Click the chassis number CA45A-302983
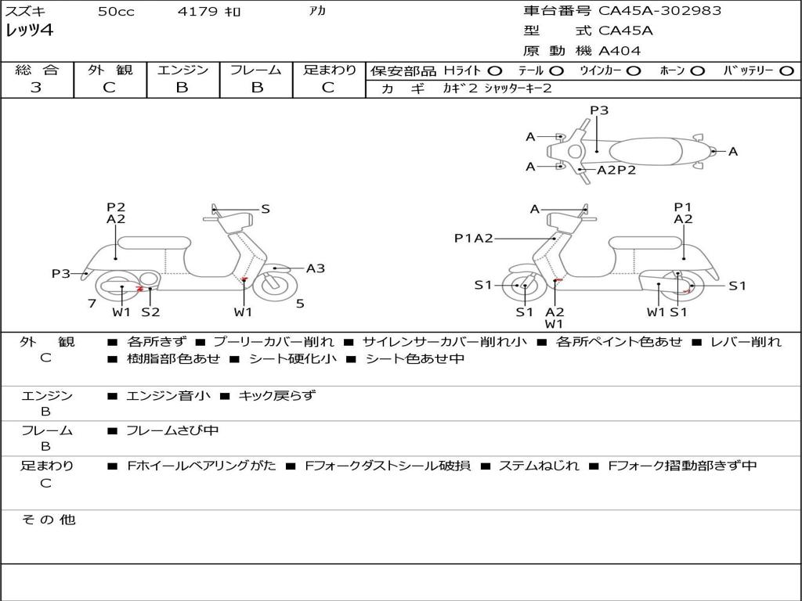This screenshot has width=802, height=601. pyautogui.click(x=659, y=11)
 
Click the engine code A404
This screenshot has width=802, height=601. pyautogui.click(x=620, y=51)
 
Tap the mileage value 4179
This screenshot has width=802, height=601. pyautogui.click(x=197, y=11)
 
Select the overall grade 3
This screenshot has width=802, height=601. pyautogui.click(x=36, y=88)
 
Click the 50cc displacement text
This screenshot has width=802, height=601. pyautogui.click(x=116, y=11)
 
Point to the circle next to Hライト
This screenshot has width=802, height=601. pyautogui.click(x=495, y=71)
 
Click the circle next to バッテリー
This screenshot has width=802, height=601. pyautogui.click(x=786, y=71)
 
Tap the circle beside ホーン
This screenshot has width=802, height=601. pyautogui.click(x=698, y=71)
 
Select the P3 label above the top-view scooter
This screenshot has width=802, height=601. pyautogui.click(x=599, y=110)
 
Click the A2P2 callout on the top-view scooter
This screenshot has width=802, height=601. pyautogui.click(x=616, y=170)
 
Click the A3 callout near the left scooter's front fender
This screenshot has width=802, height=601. pyautogui.click(x=316, y=268)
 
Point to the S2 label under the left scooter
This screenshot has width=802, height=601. pyautogui.click(x=151, y=311)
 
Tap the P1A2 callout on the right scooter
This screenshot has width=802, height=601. pyautogui.click(x=474, y=238)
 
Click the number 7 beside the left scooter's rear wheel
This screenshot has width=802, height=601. pyautogui.click(x=92, y=304)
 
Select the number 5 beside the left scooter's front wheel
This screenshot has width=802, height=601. pyautogui.click(x=300, y=304)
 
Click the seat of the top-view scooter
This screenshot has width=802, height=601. pyautogui.click(x=646, y=152)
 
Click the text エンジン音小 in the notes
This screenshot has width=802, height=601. pyautogui.click(x=168, y=395)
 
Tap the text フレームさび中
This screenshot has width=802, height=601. pyautogui.click(x=172, y=431)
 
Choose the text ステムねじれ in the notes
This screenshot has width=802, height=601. pyautogui.click(x=539, y=466)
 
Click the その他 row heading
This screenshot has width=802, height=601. pyautogui.click(x=49, y=520)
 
